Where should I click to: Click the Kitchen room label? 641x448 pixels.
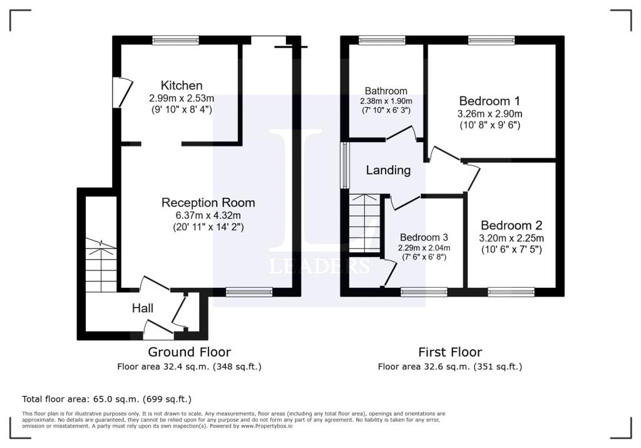(182, 86)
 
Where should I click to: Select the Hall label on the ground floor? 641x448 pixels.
(143, 308)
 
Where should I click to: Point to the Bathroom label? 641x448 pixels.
(386, 91)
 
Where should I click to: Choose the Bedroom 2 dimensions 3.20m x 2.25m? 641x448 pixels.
(511, 238)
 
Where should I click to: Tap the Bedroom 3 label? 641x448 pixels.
(424, 238)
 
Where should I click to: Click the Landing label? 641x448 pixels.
(388, 170)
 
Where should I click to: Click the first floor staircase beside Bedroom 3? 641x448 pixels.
(364, 223)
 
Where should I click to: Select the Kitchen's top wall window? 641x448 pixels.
(175, 40)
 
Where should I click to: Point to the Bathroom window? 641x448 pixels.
(382, 40)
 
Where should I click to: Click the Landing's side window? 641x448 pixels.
(344, 165)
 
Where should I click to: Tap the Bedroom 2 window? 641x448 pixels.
(511, 291)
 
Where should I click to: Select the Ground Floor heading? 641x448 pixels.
(189, 352)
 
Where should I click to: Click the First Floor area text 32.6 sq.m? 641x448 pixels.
(449, 367)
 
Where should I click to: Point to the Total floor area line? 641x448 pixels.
(106, 399)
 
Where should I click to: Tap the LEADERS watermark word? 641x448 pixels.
(319, 267)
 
